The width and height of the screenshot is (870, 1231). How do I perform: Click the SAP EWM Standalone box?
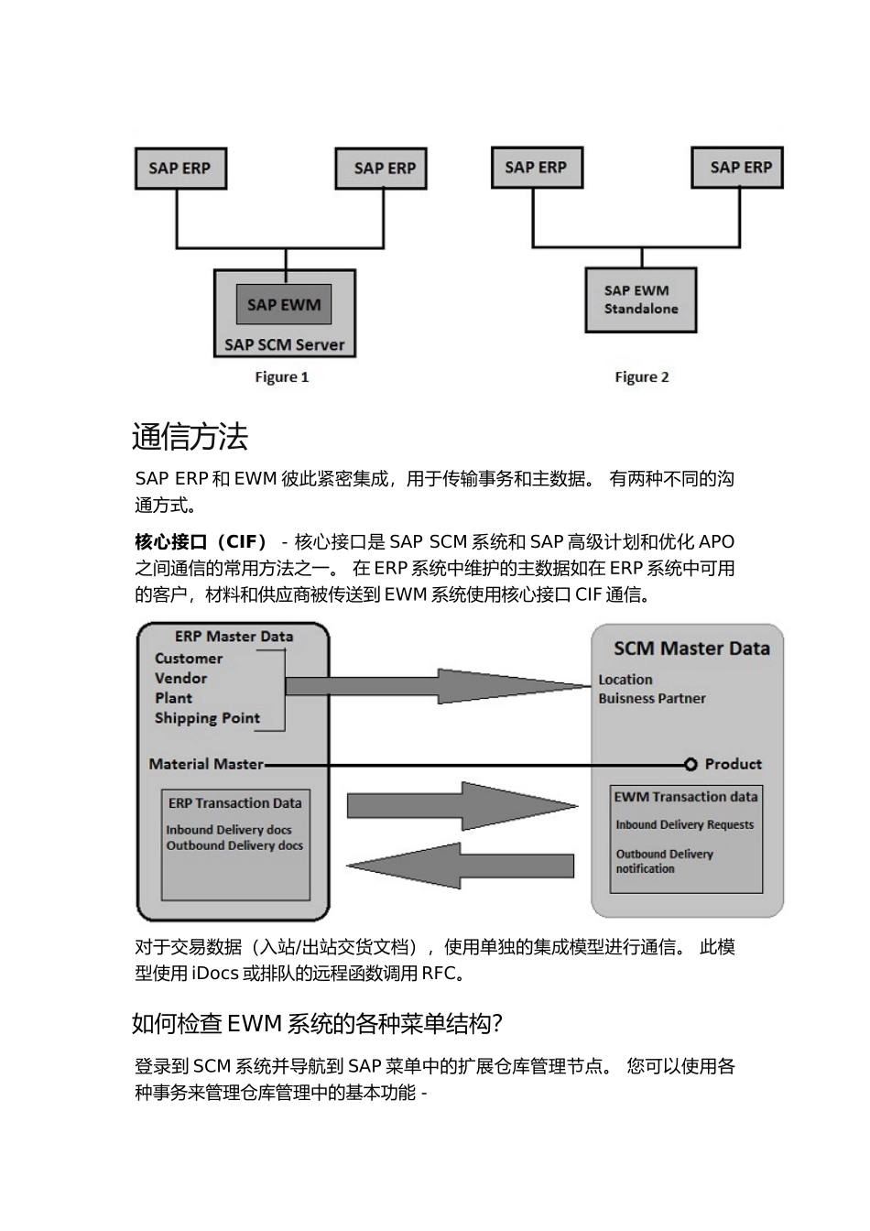pos(641,300)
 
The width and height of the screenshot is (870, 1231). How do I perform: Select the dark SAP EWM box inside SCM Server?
pos(284,305)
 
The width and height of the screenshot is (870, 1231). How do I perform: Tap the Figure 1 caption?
pos(281,377)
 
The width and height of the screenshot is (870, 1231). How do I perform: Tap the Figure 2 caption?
pos(641,377)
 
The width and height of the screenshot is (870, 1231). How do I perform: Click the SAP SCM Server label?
pos(285,345)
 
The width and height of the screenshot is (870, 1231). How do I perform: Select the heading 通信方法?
pos(190,437)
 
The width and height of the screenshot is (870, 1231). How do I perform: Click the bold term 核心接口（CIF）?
pos(201,541)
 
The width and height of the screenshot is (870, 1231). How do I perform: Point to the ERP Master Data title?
pos(234,637)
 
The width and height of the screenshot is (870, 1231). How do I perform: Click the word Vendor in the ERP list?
pos(180,679)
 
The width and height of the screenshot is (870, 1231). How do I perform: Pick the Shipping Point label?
pos(207,718)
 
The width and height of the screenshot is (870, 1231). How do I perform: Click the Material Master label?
pos(206,764)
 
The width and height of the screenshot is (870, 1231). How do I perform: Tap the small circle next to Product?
pos(691,764)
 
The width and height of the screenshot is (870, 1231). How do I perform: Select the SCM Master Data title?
pos(691,648)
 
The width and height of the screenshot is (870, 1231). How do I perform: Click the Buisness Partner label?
pos(652,698)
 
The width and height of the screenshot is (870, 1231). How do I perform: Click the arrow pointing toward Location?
pos(440,685)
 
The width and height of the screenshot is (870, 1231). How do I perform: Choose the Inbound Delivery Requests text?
pos(684,824)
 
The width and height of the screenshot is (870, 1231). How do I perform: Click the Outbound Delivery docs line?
pos(234,845)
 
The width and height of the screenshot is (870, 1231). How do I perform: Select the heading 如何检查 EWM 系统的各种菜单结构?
pos(317,1023)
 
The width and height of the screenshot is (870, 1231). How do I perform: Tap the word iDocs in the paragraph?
pos(215,974)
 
